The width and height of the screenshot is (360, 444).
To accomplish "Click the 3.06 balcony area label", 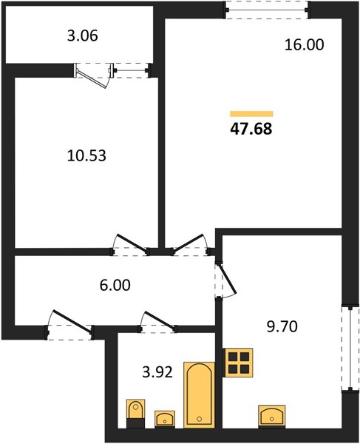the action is [83, 36].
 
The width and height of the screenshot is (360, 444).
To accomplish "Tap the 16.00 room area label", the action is [304, 45].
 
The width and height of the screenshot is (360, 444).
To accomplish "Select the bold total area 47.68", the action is [251, 129].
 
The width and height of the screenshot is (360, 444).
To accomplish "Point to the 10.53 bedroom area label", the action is [86, 155].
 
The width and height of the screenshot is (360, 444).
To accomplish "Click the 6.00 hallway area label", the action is [115, 285].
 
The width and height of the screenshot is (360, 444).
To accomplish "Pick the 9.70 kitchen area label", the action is [282, 326].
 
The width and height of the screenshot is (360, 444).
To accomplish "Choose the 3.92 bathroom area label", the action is [157, 372].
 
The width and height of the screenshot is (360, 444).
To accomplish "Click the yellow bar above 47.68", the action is [251, 114].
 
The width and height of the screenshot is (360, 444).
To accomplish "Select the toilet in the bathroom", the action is [136, 414].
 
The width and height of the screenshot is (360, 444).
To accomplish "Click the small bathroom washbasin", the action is [165, 419].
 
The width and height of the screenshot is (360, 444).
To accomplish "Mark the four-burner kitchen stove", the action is [238, 363].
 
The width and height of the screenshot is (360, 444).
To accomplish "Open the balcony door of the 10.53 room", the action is [94, 74].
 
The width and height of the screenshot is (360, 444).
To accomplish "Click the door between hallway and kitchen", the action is [225, 281].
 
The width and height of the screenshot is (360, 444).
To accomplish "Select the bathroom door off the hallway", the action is [158, 322].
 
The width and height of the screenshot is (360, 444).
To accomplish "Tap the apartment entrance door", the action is [70, 325].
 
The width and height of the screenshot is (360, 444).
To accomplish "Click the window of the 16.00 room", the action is [267, 10].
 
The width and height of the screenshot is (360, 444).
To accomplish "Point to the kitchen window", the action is [350, 348].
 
